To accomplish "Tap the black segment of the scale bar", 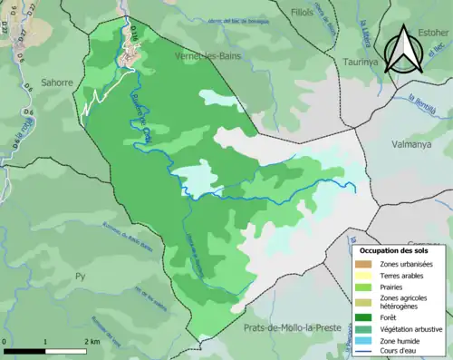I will click(x=24, y=349).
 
